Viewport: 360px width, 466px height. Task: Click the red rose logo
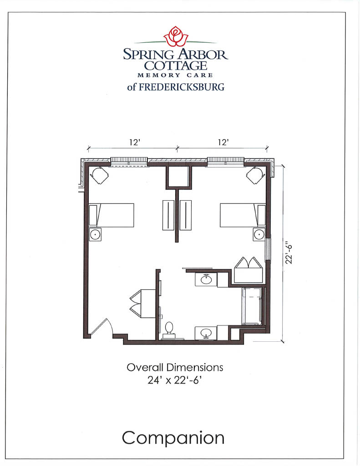(x=176, y=37)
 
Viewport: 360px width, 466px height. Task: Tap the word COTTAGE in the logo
(x=176, y=66)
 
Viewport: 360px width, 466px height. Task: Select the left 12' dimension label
(x=133, y=142)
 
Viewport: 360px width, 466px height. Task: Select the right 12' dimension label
(x=223, y=142)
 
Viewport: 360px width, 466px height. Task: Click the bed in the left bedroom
(x=112, y=215)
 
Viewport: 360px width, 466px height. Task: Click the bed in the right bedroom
(x=243, y=215)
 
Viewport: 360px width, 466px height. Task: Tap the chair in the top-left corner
(x=99, y=174)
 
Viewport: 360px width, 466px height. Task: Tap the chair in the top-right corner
(x=255, y=174)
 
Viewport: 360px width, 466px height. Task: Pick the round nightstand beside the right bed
(x=259, y=234)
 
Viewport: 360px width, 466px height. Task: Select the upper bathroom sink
(x=206, y=279)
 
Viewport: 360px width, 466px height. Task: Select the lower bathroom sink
(x=206, y=333)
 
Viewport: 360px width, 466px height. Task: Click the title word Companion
(x=173, y=438)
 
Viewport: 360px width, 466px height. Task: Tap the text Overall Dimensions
(x=175, y=367)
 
